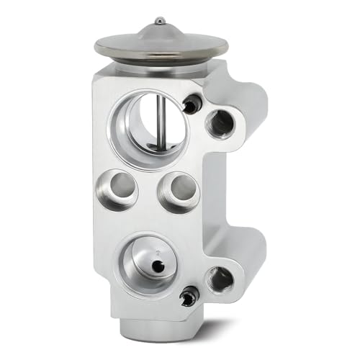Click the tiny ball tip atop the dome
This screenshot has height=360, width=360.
tap(160, 20)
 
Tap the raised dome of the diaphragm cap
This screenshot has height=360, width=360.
tap(160, 32)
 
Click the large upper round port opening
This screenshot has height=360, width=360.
tap(149, 119)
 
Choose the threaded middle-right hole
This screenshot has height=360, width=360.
tap(176, 191)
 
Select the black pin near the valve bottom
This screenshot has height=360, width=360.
tap(189, 294)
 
